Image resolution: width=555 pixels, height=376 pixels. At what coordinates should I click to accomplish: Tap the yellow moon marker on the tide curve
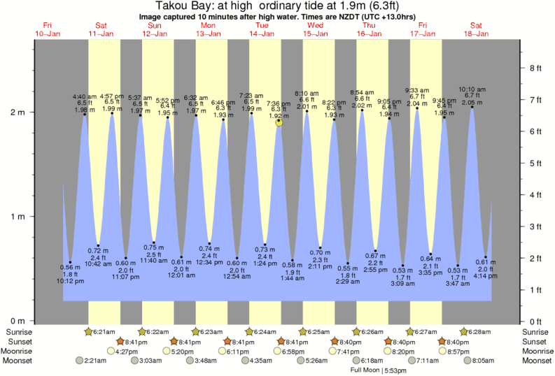pyautogui.click(x=279, y=122)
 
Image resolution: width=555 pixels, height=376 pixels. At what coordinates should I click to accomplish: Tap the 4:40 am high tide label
pyautogui.click(x=85, y=96)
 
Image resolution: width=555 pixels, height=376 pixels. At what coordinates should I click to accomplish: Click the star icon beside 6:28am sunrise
pyautogui.click(x=465, y=331)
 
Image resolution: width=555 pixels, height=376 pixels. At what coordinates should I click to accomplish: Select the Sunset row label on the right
pyautogui.click(x=535, y=341)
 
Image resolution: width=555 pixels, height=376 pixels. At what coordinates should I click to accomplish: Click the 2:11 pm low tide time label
pyautogui.click(x=319, y=266)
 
